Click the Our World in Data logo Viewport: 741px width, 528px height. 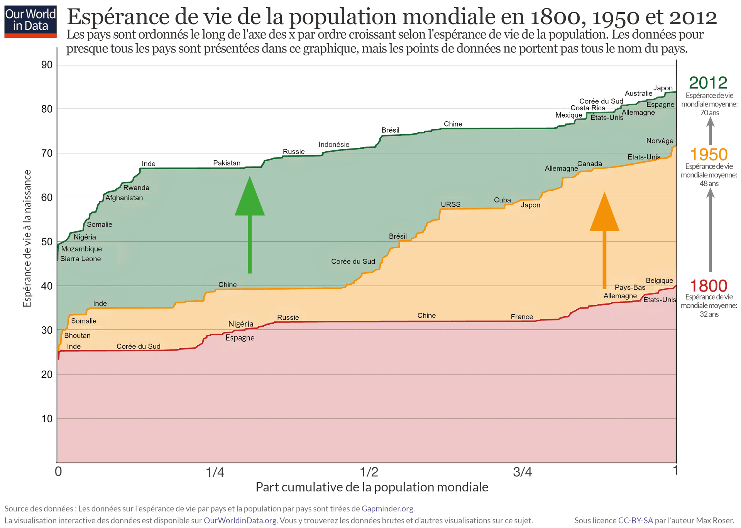pyautogui.click(x=30, y=21)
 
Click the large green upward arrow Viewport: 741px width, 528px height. pyautogui.click(x=250, y=224)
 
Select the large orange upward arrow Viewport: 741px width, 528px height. pyautogui.click(x=604, y=239)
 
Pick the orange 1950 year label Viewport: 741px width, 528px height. pyautogui.click(x=709, y=155)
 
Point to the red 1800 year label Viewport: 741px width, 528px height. pyautogui.click(x=709, y=286)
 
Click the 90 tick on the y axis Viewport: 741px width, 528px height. pyautogui.click(x=47, y=65)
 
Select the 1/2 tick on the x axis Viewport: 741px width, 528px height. pyautogui.click(x=369, y=472)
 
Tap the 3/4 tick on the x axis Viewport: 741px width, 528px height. pyautogui.click(x=523, y=472)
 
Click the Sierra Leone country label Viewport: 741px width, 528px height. pyautogui.click(x=81, y=259)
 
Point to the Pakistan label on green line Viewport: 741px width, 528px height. pyautogui.click(x=227, y=163)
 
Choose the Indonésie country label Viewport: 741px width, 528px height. pyautogui.click(x=334, y=144)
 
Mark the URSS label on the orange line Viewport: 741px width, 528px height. pyautogui.click(x=451, y=204)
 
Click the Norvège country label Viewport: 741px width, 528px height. pyautogui.click(x=660, y=141)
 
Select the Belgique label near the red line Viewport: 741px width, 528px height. pyautogui.click(x=659, y=280)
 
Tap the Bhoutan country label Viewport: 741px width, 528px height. pyautogui.click(x=77, y=336)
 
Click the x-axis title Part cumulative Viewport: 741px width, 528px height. pyautogui.click(x=372, y=487)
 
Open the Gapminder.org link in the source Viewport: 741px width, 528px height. pyautogui.click(x=387, y=509)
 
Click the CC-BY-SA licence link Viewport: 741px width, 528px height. pyautogui.click(x=635, y=520)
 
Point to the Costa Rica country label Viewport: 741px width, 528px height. pyautogui.click(x=588, y=108)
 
